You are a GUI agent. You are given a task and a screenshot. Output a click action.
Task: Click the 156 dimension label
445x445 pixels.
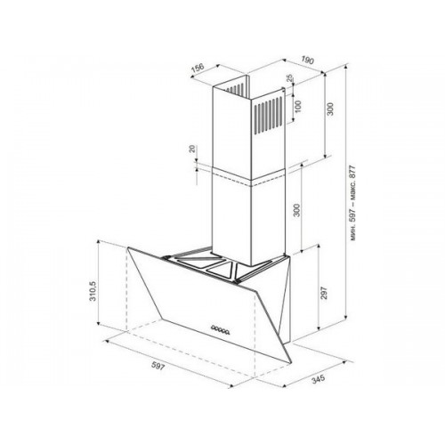coord(197,68)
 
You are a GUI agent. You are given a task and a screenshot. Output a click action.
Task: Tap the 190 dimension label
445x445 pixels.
coord(307,61)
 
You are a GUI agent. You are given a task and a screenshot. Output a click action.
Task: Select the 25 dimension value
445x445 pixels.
coord(290,78)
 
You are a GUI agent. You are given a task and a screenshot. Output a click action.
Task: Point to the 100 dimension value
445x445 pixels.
coord(298,106)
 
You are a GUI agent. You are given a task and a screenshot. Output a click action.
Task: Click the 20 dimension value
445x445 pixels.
coord(193,149)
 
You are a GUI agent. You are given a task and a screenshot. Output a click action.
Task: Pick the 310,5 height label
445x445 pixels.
coord(93,291)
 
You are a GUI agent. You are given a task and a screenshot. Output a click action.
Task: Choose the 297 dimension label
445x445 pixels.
coord(324,293)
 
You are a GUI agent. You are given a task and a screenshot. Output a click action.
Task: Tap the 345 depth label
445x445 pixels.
coord(318,379)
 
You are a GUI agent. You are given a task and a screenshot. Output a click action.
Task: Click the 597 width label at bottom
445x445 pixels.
coord(158,367)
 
